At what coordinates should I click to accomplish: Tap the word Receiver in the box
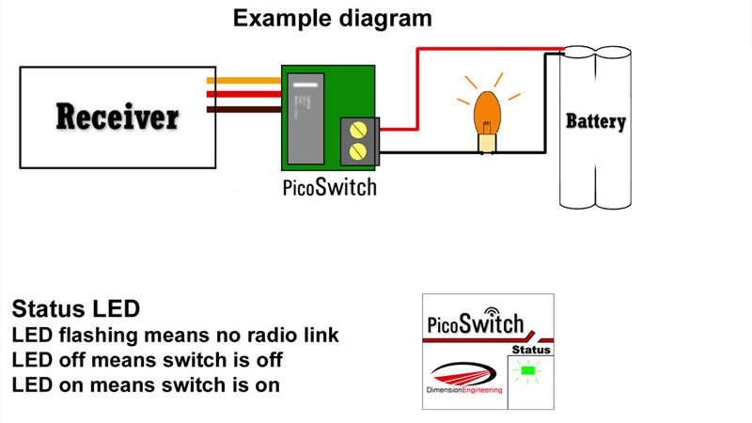coord(117,117)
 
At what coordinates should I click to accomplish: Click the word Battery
coord(595,121)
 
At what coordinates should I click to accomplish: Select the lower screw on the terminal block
coord(357,150)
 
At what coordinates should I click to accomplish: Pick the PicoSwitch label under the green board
coord(329,186)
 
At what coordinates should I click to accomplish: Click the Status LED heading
coord(75,309)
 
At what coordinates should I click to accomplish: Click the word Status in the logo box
coord(530,350)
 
